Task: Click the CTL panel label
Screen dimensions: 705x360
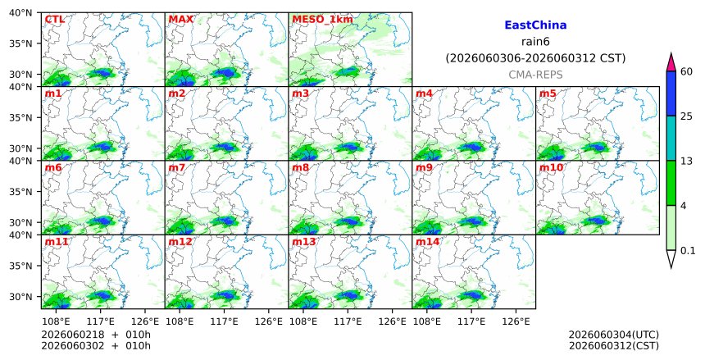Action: [x=54, y=20]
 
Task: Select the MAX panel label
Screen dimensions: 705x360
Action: [x=180, y=20]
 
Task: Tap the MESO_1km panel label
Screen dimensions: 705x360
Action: [x=322, y=20]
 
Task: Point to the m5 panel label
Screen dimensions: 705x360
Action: [x=548, y=93]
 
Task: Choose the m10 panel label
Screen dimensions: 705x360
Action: [x=551, y=167]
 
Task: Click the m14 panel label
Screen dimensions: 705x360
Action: [x=427, y=242]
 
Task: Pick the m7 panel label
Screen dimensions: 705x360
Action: [x=177, y=167]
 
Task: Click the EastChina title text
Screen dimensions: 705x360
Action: [x=535, y=25]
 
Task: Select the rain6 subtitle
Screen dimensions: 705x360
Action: [x=535, y=42]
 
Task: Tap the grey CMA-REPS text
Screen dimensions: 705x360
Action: [x=535, y=75]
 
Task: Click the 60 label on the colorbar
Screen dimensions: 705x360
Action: [x=686, y=71]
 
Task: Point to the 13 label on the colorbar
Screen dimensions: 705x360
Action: [x=686, y=161]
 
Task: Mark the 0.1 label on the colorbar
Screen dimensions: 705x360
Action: [x=688, y=251]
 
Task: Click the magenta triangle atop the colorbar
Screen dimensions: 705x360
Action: [x=671, y=63]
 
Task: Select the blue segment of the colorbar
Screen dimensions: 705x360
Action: [x=671, y=93]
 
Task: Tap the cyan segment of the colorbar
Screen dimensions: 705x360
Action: [x=671, y=139]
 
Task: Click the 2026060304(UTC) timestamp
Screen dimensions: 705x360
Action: [x=614, y=335]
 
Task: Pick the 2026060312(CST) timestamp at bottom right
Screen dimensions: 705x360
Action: [x=614, y=345]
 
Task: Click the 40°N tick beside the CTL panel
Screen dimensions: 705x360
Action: [x=20, y=12]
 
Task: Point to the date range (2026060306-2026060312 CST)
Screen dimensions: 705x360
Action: [x=535, y=58]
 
